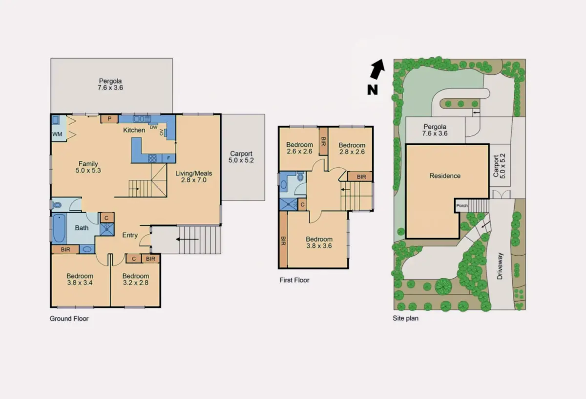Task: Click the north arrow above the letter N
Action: coord(377,69)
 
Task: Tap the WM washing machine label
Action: coord(57,134)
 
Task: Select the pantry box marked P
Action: coord(109,119)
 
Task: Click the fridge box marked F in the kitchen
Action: coord(168,158)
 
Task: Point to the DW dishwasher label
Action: coord(154,127)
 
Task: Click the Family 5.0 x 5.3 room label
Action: coord(88,167)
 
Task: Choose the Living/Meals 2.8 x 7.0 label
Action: coord(193,177)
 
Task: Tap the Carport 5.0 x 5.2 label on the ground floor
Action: coord(241,157)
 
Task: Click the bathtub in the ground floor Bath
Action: coord(59,228)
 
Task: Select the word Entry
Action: coord(130,235)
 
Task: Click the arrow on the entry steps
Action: coord(187,239)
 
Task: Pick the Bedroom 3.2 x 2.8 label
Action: coord(136,279)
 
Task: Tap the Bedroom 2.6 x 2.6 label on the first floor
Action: coord(299,148)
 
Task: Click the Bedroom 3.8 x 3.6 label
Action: coord(319,243)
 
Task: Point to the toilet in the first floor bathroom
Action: coord(301,177)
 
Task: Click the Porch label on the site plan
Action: coord(462,206)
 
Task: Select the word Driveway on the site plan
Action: coord(500,266)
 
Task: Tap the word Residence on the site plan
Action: coord(445,176)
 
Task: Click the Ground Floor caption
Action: coord(69,319)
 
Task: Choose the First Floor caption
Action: coord(294,280)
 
